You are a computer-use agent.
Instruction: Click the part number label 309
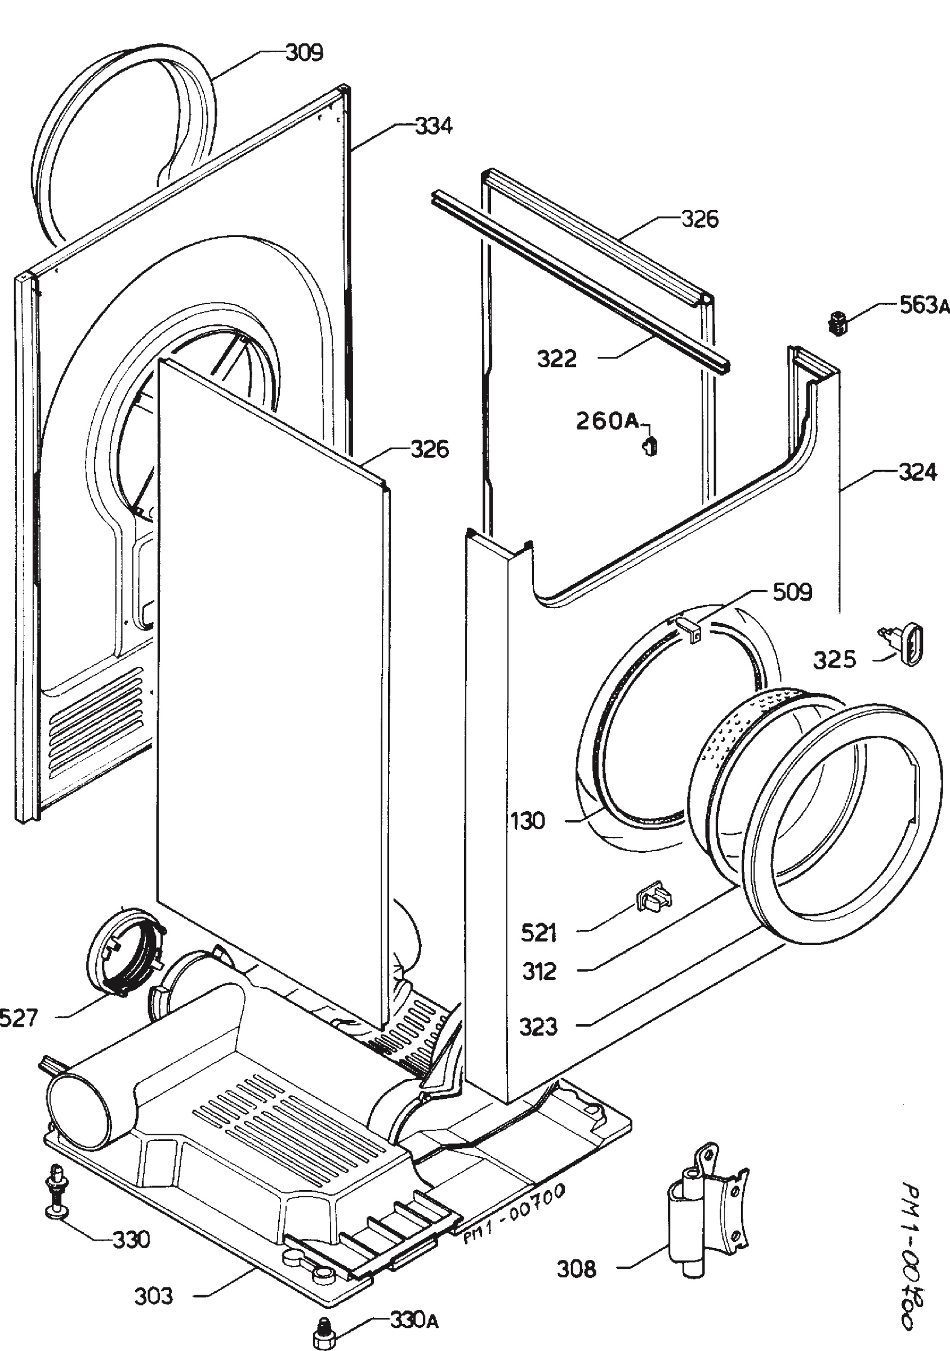click(304, 53)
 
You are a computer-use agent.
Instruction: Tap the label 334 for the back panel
click(434, 126)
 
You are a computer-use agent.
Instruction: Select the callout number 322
click(557, 359)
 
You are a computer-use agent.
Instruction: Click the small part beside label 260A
click(650, 446)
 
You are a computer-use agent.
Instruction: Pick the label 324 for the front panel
click(917, 472)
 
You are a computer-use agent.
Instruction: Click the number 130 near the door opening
click(528, 821)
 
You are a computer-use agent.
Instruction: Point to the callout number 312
click(539, 972)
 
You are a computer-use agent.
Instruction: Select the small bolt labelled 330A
click(322, 1322)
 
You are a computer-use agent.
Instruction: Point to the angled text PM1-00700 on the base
click(513, 1205)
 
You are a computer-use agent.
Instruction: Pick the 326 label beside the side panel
click(430, 449)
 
